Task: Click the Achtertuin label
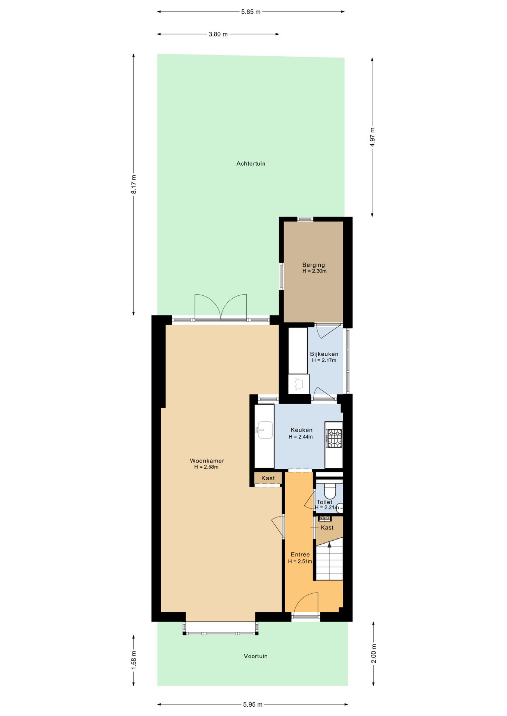pos(251,163)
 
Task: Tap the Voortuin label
pos(255,656)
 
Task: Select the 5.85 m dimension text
pos(251,12)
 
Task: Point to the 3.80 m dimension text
pos(218,34)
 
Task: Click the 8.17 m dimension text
pos(134,184)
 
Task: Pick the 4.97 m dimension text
pos(372,137)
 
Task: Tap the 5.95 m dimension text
pos(252,704)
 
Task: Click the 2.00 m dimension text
pos(374,653)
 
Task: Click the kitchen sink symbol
pos(264,430)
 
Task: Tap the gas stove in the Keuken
pos(334,439)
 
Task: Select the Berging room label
pos(314,265)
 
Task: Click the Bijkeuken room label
pos(324,354)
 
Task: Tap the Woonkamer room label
pos(207,461)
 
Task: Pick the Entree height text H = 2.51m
pos(300,561)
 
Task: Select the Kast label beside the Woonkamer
pos(268,478)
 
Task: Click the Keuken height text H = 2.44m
pos(301,437)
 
